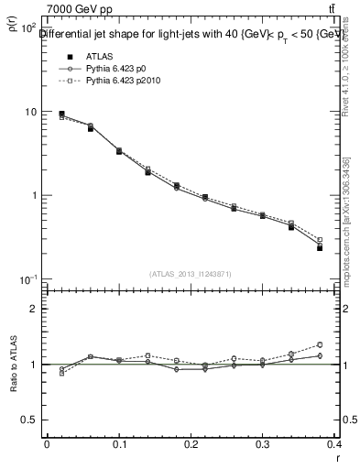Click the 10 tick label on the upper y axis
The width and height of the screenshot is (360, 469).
click(x=28, y=112)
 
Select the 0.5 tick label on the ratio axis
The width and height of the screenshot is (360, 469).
click(x=27, y=420)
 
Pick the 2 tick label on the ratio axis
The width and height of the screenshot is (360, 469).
click(x=32, y=309)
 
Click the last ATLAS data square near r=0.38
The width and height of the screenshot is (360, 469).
click(x=345, y=247)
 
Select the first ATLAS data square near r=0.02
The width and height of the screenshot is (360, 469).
click(x=61, y=114)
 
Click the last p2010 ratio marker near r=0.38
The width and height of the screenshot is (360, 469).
click(x=345, y=344)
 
